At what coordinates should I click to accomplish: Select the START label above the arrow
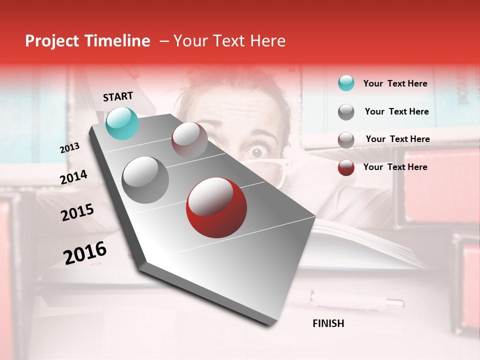click(x=118, y=96)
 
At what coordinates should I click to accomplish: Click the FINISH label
click(x=328, y=323)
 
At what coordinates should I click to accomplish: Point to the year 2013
click(x=69, y=148)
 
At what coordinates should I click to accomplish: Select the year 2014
click(x=73, y=177)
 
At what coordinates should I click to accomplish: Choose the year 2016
click(x=85, y=252)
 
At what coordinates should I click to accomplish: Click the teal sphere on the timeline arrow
click(x=122, y=123)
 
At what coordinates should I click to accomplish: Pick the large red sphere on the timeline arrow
click(x=216, y=207)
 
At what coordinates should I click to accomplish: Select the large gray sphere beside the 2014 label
click(x=145, y=180)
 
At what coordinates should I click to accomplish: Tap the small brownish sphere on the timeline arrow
click(x=189, y=140)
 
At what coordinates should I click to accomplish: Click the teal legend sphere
click(x=346, y=83)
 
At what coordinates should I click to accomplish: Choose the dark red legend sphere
click(x=346, y=167)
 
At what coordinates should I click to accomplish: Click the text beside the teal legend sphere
click(x=395, y=83)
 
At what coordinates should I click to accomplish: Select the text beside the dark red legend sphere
click(x=395, y=167)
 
